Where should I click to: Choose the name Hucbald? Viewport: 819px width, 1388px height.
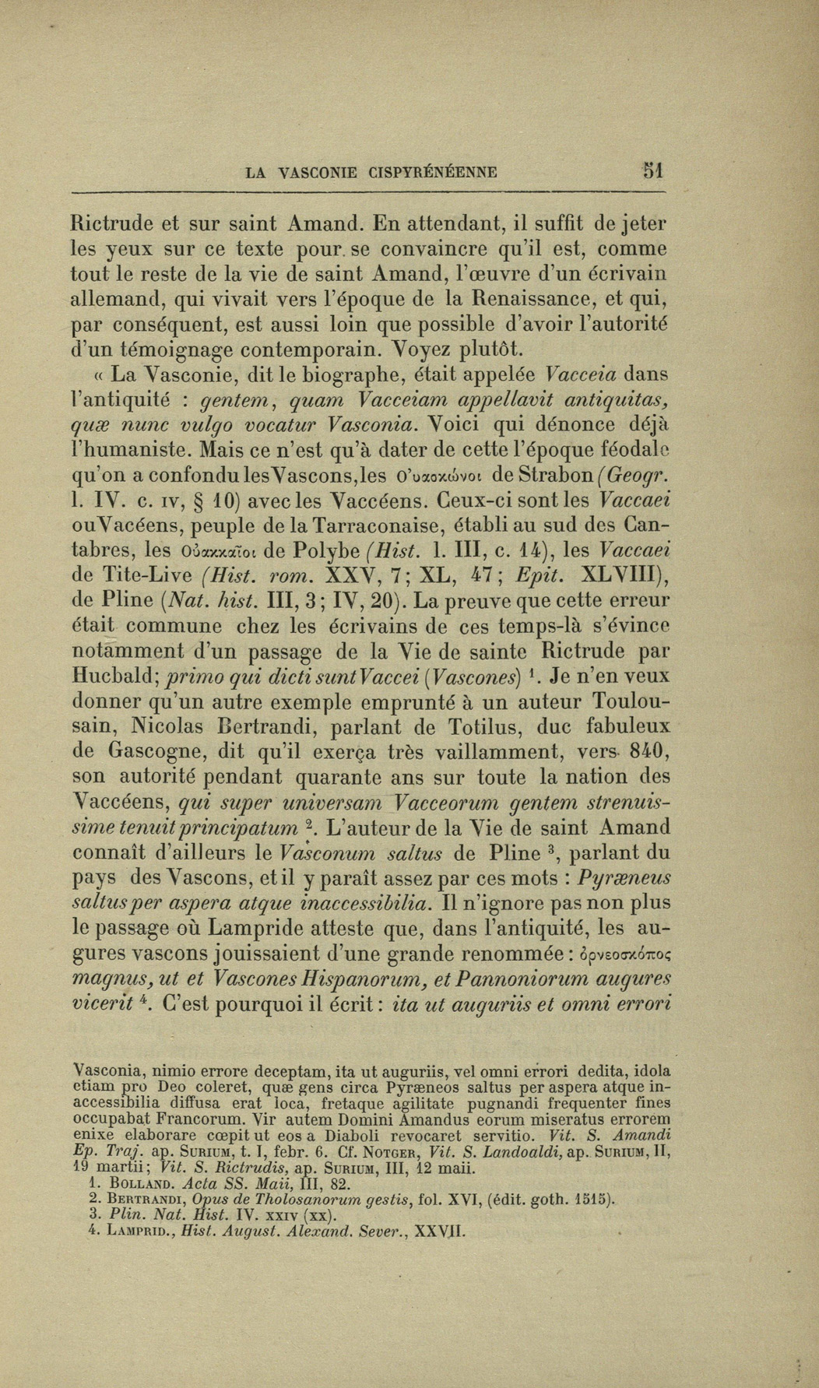(x=118, y=676)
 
